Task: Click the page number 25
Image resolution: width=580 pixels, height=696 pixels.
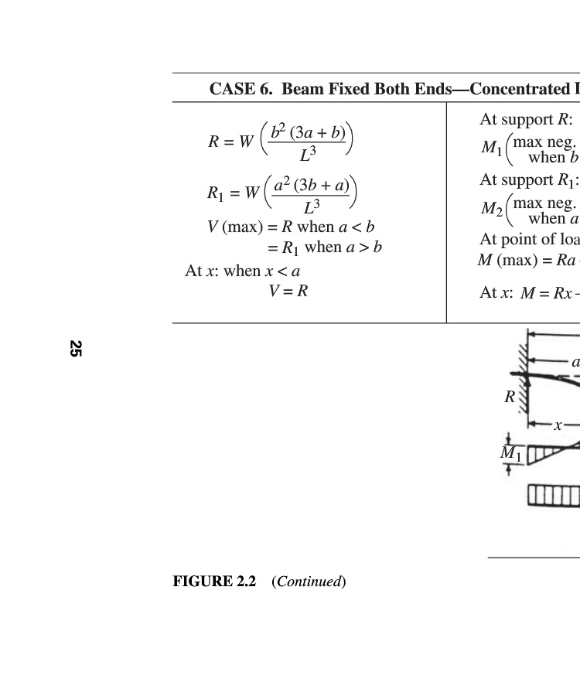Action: (x=75, y=348)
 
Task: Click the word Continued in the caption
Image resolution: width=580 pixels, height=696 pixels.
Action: (x=309, y=582)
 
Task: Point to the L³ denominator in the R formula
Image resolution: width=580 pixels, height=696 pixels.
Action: (x=308, y=154)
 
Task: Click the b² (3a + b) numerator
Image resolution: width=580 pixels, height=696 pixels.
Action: (x=308, y=132)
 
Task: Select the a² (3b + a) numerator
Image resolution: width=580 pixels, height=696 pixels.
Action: (x=312, y=186)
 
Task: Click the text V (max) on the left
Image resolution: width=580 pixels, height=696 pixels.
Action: (x=234, y=227)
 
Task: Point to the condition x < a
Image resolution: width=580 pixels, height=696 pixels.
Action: (x=283, y=271)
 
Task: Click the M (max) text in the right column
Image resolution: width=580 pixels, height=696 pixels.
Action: (x=507, y=260)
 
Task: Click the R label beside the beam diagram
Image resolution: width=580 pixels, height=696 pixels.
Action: (x=510, y=397)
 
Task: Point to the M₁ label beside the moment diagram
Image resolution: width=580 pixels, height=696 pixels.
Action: (x=511, y=453)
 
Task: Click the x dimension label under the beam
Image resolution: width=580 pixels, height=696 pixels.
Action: (x=557, y=425)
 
